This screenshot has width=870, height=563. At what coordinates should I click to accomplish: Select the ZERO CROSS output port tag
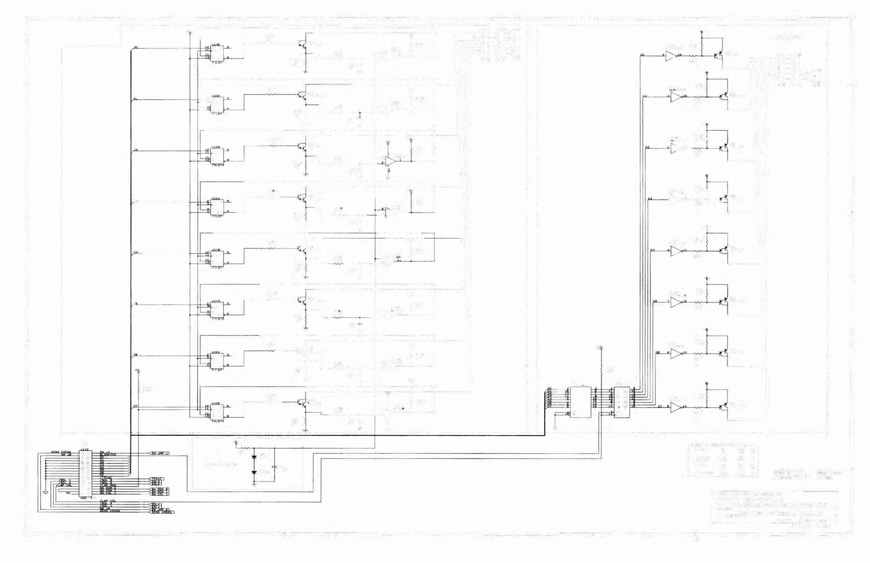pyautogui.click(x=162, y=512)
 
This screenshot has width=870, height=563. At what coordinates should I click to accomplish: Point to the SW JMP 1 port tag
pyautogui.click(x=160, y=453)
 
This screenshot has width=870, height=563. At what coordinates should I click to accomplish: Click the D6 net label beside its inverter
pyautogui.click(x=657, y=353)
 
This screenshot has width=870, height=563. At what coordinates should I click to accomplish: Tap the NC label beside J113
pyautogui.click(x=68, y=493)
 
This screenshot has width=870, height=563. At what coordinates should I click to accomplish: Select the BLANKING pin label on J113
pyautogui.click(x=108, y=455)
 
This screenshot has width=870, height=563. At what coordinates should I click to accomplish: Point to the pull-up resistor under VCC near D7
pyautogui.click(x=139, y=391)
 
